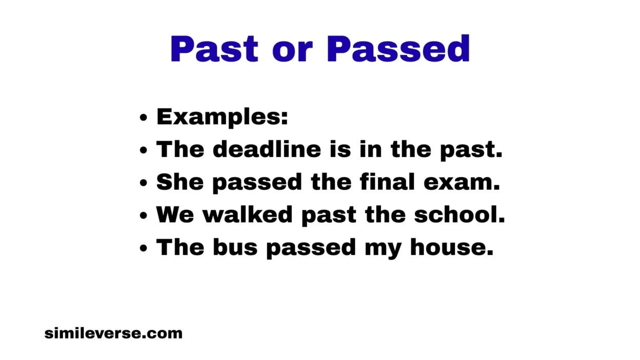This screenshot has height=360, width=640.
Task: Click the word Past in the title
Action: (214, 49)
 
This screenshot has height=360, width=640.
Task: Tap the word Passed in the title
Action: (398, 49)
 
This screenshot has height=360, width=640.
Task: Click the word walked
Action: (247, 214)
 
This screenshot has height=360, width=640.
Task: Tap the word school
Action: (459, 214)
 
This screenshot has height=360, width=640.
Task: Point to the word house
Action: (451, 247)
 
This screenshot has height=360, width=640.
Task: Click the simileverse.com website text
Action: (113, 333)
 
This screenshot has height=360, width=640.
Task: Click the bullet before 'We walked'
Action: (144, 215)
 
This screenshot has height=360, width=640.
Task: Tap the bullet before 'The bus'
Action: (144, 248)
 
